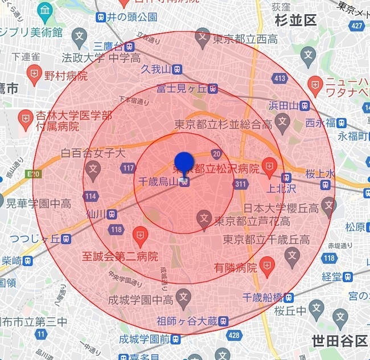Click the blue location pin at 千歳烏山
point(184,164)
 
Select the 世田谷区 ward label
point(339,341)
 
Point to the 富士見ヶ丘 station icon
point(212,88)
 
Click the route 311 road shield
point(240,184)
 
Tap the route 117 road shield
point(129,168)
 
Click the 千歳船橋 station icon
point(289,297)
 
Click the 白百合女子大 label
point(93,153)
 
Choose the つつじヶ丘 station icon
point(66,239)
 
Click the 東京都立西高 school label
point(245,39)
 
